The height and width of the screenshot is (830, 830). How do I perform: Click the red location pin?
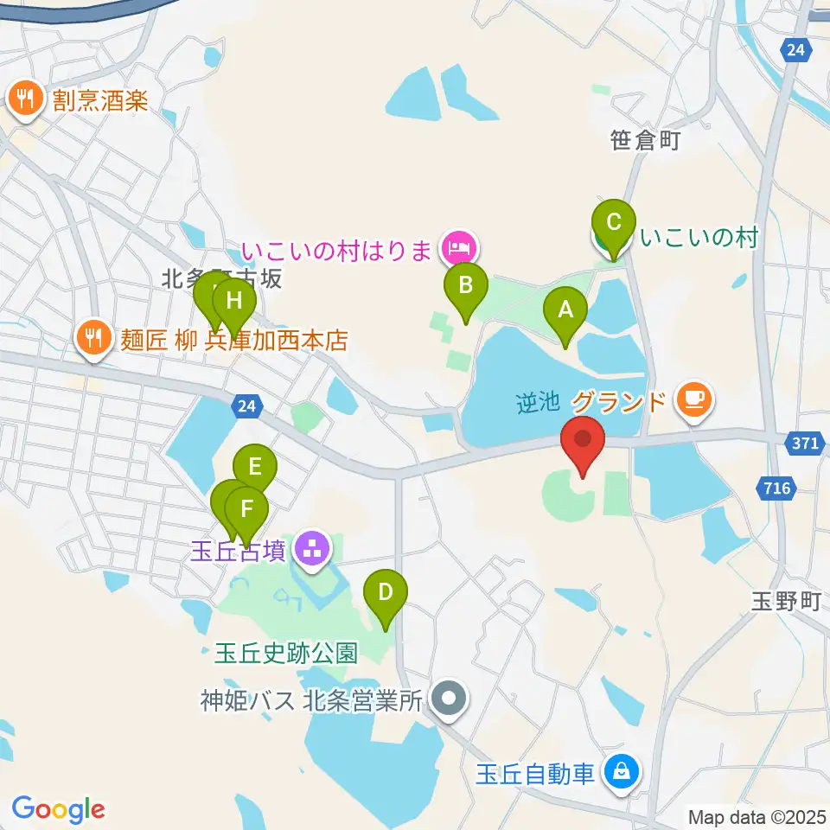coord(583,444)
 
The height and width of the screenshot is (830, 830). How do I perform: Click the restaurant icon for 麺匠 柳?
coord(93,336)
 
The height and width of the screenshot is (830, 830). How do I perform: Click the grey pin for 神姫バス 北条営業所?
coord(448,699)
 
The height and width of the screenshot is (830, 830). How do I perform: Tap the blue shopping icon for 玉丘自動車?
coord(621,770)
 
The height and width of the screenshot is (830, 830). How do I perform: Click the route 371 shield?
coord(804,443)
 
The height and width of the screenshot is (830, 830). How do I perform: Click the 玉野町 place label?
coord(783,602)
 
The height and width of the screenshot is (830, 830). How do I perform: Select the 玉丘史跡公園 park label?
coord(285,653)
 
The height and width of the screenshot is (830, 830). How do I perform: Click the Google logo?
coord(58,809)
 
